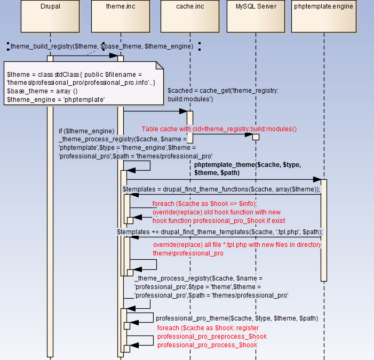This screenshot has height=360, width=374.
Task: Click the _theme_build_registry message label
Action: (x=101, y=46)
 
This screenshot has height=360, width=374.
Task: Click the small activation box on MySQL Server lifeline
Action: (x=256, y=137)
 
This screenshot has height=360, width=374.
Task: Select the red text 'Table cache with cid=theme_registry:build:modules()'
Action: (x=219, y=129)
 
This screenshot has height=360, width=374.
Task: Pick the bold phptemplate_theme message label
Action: (x=248, y=169)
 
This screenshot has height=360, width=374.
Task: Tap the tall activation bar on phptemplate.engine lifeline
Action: (x=323, y=229)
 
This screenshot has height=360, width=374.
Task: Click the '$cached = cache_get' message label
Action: (x=222, y=95)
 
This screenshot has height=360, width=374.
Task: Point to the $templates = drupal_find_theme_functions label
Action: (x=221, y=189)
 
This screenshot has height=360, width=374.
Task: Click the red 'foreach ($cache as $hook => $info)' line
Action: (x=204, y=204)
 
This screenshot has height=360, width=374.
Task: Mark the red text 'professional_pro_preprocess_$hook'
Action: (x=212, y=337)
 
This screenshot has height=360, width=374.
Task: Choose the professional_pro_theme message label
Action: (x=236, y=318)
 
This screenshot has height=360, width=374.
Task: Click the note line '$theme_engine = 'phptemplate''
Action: (x=55, y=99)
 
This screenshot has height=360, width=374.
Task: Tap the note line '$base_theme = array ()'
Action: (x=42, y=91)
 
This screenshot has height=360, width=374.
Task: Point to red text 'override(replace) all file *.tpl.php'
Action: (x=237, y=245)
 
